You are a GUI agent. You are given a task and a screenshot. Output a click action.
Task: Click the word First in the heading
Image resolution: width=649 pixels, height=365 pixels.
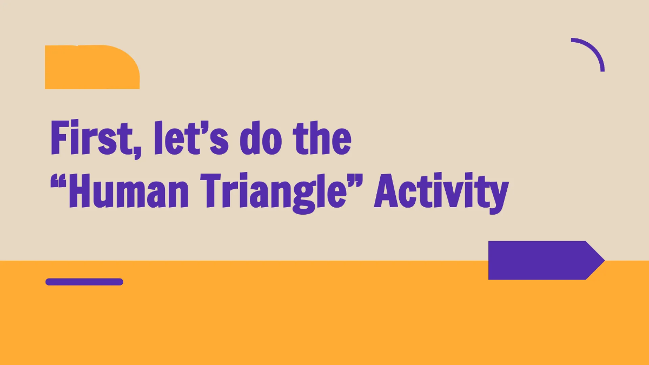[x=92, y=137]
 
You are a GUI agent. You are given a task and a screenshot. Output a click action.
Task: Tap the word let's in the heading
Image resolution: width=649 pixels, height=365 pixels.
[x=191, y=138]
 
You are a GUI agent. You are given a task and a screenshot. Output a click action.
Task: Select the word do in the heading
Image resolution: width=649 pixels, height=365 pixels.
[x=261, y=138]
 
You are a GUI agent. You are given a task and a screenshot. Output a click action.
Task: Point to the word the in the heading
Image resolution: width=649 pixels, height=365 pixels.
[x=322, y=138]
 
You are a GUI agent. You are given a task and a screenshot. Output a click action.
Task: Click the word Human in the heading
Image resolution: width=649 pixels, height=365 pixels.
[x=129, y=190]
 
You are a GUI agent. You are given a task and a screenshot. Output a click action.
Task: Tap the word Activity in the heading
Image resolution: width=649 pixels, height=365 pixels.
[x=441, y=193]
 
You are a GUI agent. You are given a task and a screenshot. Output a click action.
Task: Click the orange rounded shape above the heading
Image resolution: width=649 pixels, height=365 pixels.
[x=92, y=67]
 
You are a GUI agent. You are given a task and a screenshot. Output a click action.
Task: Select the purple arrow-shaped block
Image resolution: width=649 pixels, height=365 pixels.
[x=546, y=261]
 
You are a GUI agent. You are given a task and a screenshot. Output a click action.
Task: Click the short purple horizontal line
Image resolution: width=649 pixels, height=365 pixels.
[x=84, y=282]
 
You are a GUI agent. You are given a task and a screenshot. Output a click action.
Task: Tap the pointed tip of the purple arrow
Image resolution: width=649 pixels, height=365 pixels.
[x=605, y=261]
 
